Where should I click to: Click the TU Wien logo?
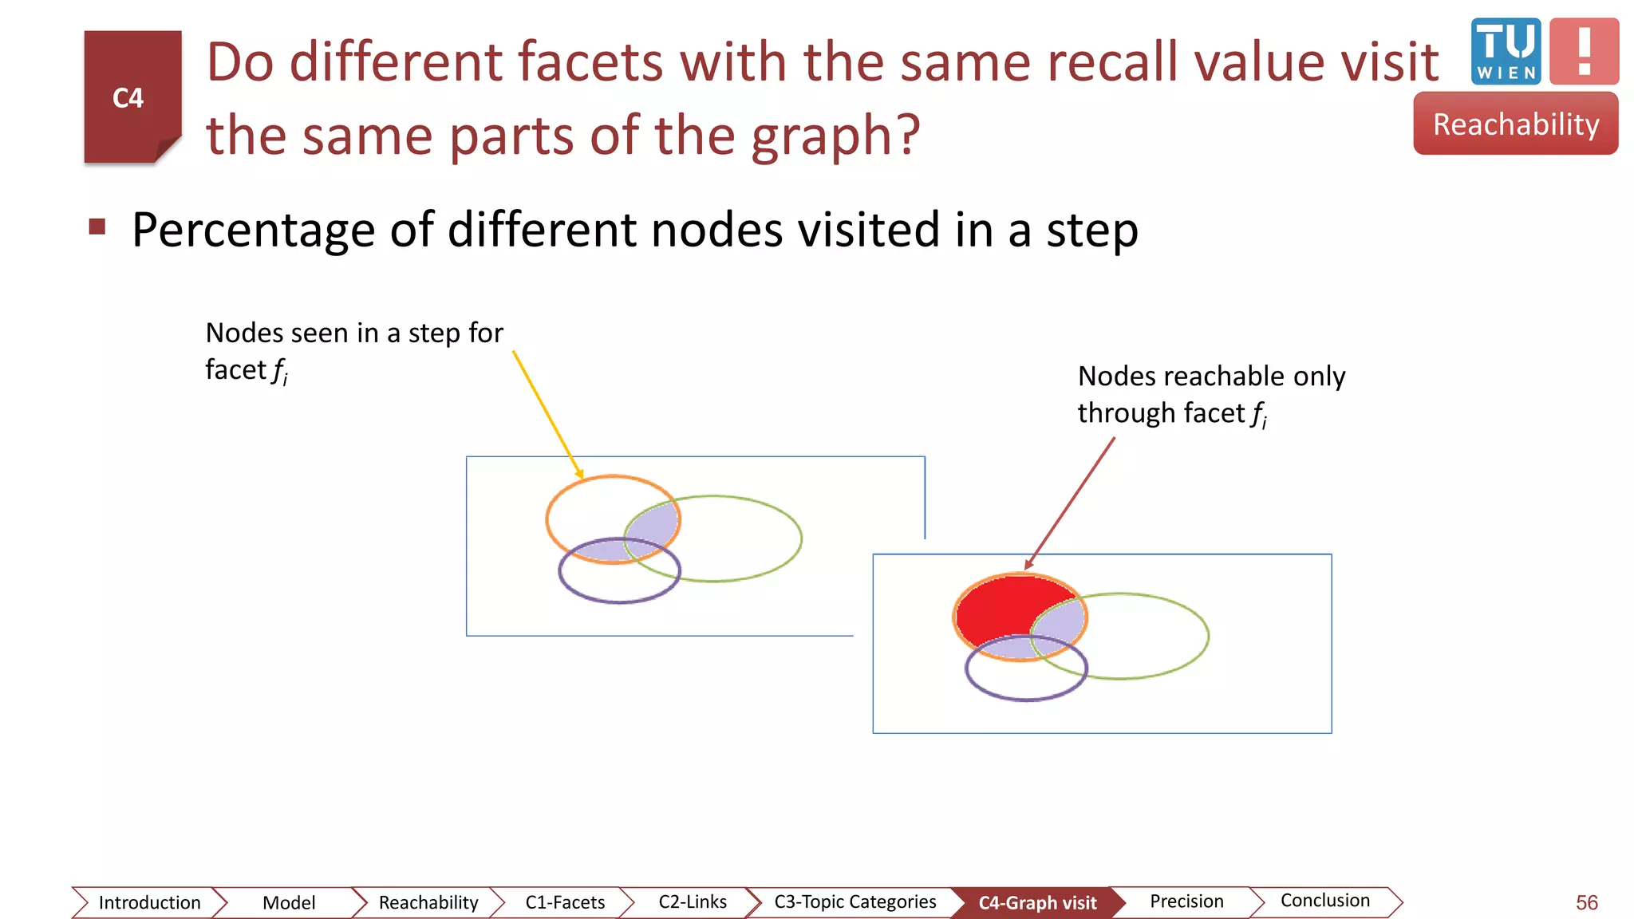tap(1506, 51)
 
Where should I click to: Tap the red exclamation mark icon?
tap(1584, 51)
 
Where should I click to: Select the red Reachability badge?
tap(1516, 124)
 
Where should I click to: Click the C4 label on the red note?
tap(128, 98)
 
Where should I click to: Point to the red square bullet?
tap(97, 227)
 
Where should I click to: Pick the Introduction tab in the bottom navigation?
tap(149, 902)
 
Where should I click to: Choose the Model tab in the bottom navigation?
tap(289, 902)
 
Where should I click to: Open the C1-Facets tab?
tap(565, 902)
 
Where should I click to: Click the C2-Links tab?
tap(693, 902)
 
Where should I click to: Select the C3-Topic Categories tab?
tap(854, 902)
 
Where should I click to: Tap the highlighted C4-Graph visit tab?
tap(1037, 903)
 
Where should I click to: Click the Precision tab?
tap(1186, 901)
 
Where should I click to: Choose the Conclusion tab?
tap(1324, 901)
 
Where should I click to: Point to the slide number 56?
tap(1586, 903)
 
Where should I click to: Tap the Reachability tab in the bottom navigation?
tap(428, 902)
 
